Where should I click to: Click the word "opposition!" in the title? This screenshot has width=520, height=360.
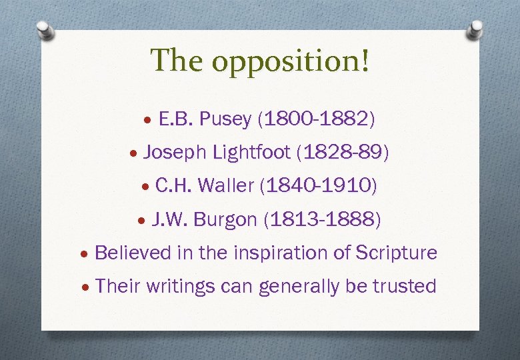(291, 61)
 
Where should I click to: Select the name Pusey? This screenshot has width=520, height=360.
(225, 119)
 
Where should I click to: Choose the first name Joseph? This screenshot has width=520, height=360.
(175, 153)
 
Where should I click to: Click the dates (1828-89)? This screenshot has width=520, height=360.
(345, 153)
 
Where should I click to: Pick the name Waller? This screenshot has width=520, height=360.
(226, 186)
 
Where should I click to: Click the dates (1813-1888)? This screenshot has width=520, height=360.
(323, 219)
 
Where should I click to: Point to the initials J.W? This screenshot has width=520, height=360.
(169, 219)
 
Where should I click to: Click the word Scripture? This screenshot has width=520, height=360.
(396, 253)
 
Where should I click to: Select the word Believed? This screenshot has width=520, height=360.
(133, 253)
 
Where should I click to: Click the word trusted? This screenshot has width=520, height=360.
(404, 286)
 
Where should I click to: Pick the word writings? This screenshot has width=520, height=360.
(177, 287)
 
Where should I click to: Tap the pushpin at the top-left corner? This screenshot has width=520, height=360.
(44, 29)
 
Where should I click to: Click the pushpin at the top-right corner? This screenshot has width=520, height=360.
(475, 28)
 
